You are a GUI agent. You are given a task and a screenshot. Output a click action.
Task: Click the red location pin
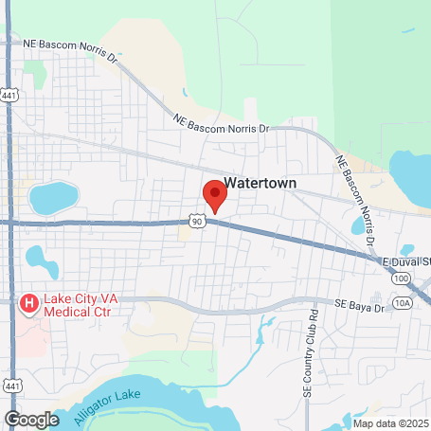[215, 193]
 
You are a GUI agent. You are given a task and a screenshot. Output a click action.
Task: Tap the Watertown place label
[260, 184]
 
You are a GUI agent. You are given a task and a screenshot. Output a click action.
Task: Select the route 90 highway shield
[196, 221]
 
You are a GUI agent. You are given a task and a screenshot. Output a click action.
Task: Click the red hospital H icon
[28, 303]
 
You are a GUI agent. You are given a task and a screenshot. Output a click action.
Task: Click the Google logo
[31, 419]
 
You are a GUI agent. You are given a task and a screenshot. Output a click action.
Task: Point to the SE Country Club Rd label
[309, 350]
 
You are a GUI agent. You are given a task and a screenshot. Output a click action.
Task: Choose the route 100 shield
[403, 278]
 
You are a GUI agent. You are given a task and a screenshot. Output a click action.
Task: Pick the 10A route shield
[404, 303]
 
